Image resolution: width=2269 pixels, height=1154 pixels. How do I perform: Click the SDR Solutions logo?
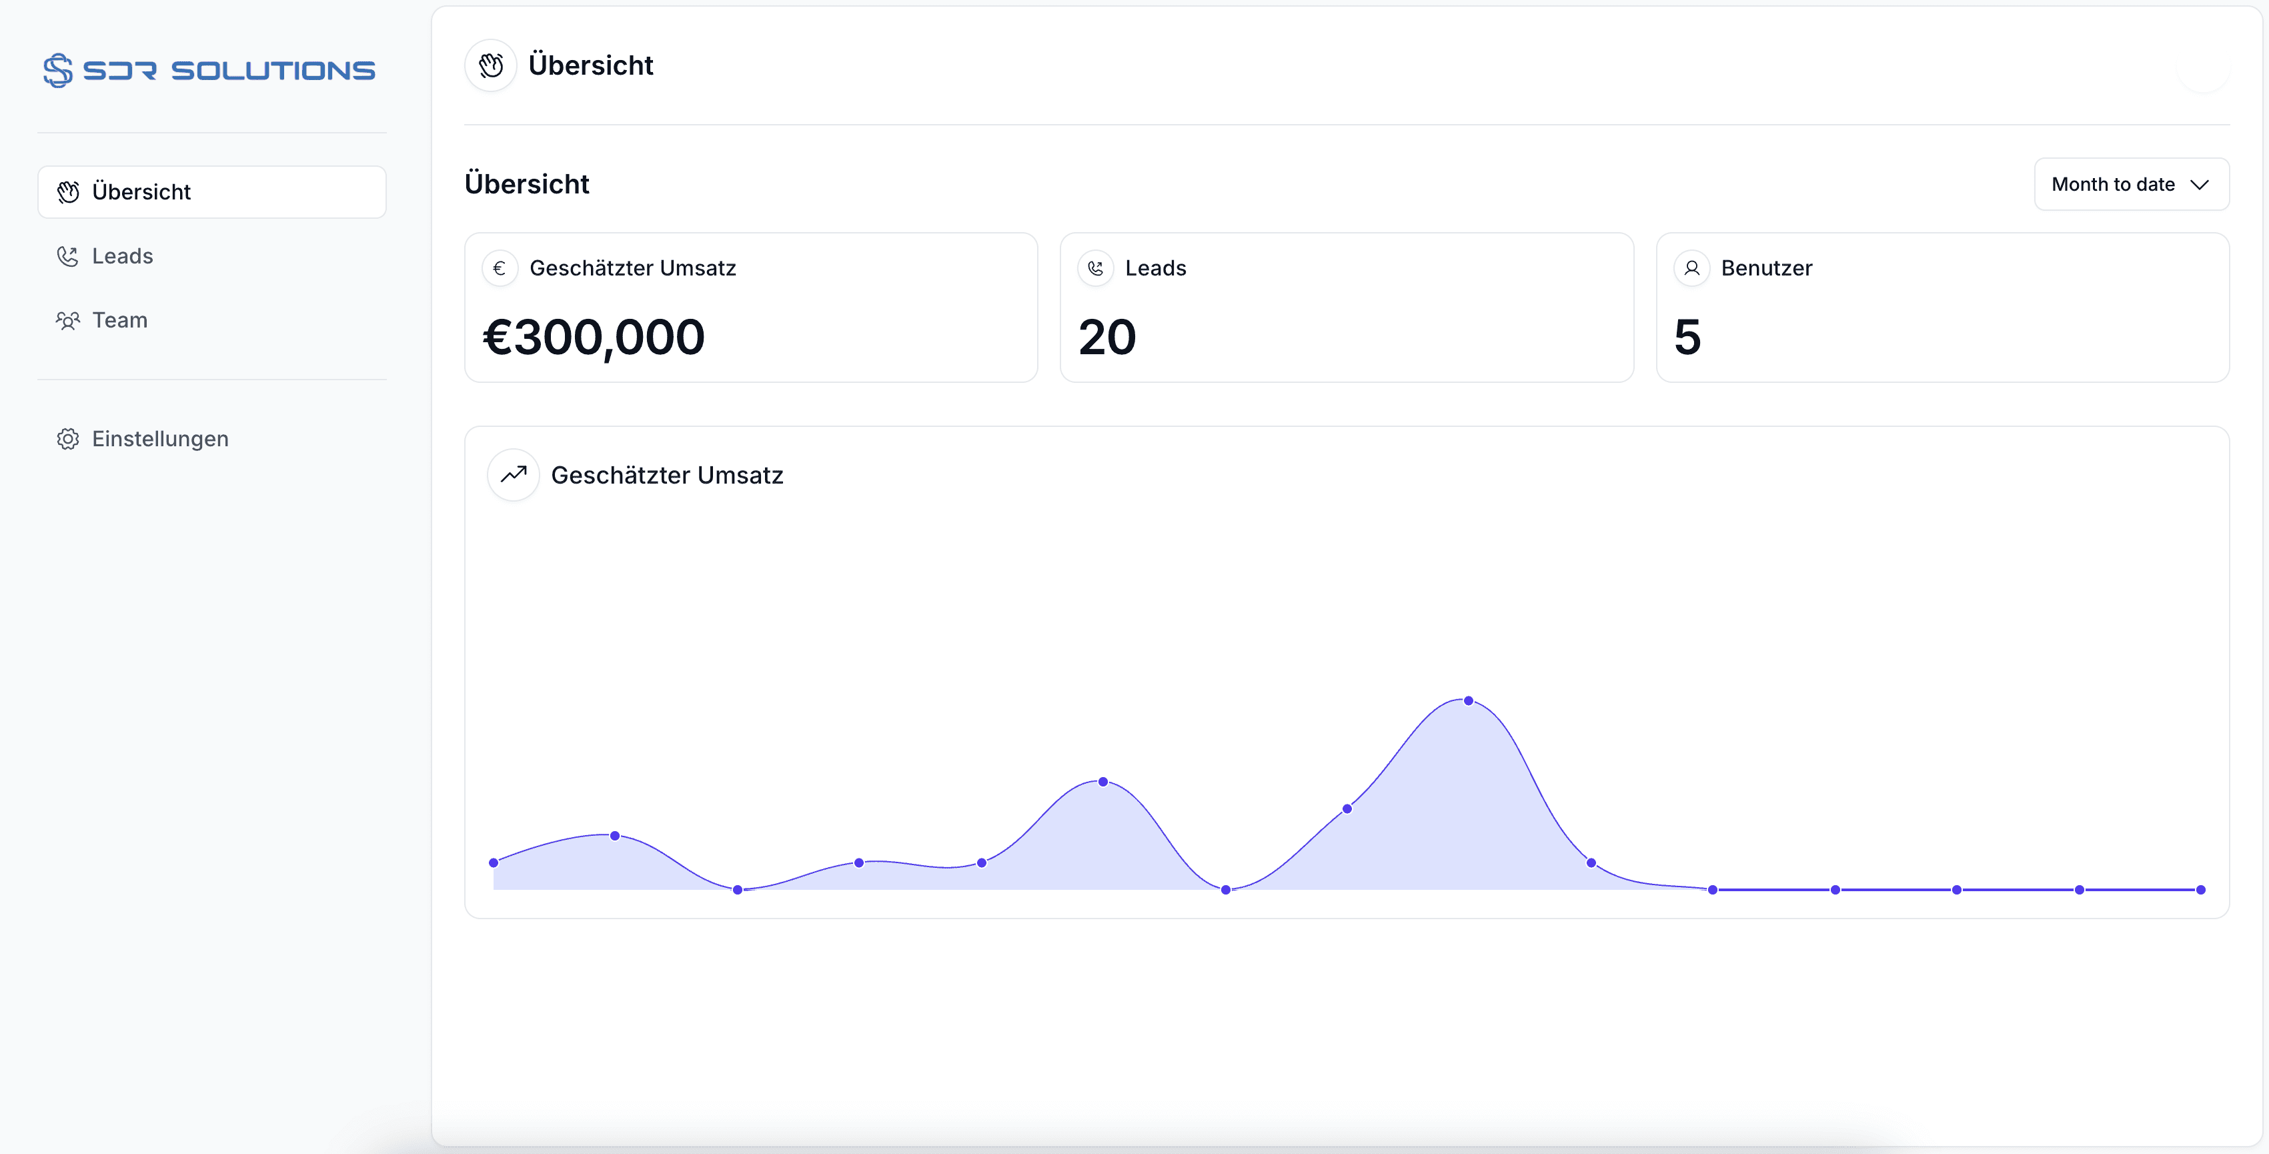tap(209, 69)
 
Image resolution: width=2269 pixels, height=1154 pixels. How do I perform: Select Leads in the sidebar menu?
tap(123, 256)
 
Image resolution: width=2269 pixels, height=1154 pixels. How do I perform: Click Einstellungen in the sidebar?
tap(160, 439)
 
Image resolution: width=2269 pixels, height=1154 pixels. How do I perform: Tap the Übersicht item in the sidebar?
tap(211, 192)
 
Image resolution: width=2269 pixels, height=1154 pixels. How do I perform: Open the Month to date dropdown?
tap(2132, 184)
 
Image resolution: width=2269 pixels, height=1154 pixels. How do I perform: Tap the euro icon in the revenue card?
tap(500, 267)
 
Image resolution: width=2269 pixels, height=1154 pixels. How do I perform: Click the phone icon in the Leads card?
tap(1096, 267)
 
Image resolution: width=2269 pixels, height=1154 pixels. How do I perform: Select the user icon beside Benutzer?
tap(1692, 267)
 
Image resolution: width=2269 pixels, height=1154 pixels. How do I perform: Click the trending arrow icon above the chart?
tap(514, 475)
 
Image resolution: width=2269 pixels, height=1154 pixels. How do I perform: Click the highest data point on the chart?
tap(1469, 701)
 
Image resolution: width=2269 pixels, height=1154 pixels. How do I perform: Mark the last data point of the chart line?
tap(2200, 890)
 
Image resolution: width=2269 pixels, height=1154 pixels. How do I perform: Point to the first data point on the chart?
tap(494, 862)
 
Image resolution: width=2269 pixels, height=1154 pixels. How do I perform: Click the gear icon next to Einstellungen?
tap(68, 439)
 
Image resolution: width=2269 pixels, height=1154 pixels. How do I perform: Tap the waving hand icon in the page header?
tap(491, 65)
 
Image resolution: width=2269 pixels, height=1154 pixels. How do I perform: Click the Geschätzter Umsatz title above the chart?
tap(667, 476)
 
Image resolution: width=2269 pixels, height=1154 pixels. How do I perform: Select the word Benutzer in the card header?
tap(1766, 267)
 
